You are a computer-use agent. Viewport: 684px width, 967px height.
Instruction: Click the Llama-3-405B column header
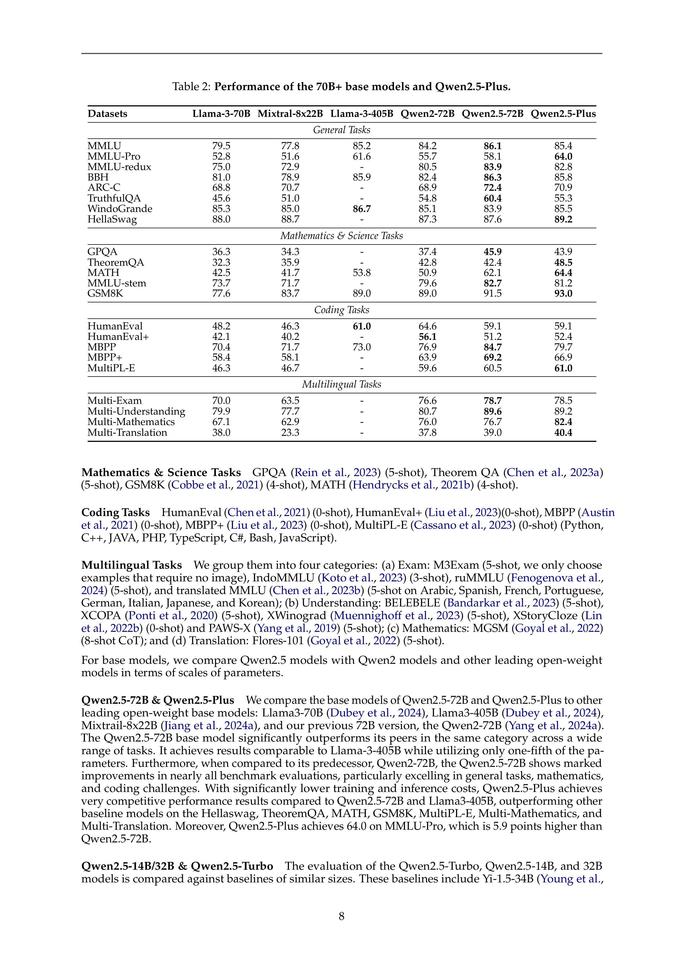361,114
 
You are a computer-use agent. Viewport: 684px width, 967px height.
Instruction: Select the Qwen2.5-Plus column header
563,114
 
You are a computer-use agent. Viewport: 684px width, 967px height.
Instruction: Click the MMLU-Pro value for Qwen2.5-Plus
563,157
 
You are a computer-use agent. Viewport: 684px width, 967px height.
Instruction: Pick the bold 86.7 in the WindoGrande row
362,209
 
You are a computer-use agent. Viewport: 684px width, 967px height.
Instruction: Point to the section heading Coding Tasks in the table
342,310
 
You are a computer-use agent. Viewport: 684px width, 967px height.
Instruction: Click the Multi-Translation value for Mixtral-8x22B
290,433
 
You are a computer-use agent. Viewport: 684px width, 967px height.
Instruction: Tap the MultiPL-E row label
111,368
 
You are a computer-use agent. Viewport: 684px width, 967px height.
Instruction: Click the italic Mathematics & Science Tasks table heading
342,236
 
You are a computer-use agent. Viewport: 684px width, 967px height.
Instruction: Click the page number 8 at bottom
342,916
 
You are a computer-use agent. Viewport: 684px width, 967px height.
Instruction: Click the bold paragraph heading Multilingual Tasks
132,565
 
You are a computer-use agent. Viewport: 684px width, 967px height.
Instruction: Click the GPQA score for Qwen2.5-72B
492,252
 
